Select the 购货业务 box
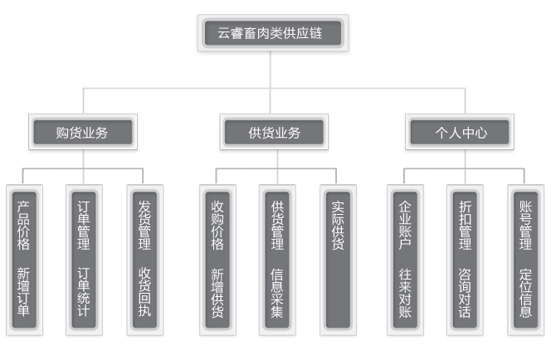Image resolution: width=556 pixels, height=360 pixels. click(82, 132)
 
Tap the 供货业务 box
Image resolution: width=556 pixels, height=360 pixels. click(275, 132)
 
